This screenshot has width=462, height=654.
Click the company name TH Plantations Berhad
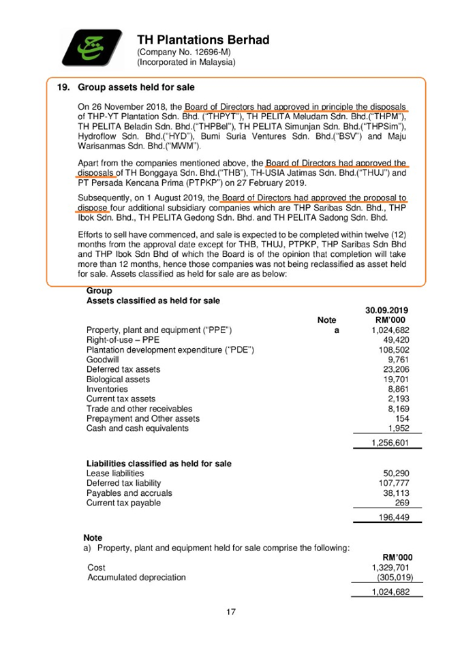click(x=203, y=40)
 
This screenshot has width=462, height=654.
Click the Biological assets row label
click(x=118, y=379)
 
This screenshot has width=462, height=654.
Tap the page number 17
click(x=230, y=612)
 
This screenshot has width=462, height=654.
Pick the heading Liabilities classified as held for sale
click(x=159, y=463)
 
